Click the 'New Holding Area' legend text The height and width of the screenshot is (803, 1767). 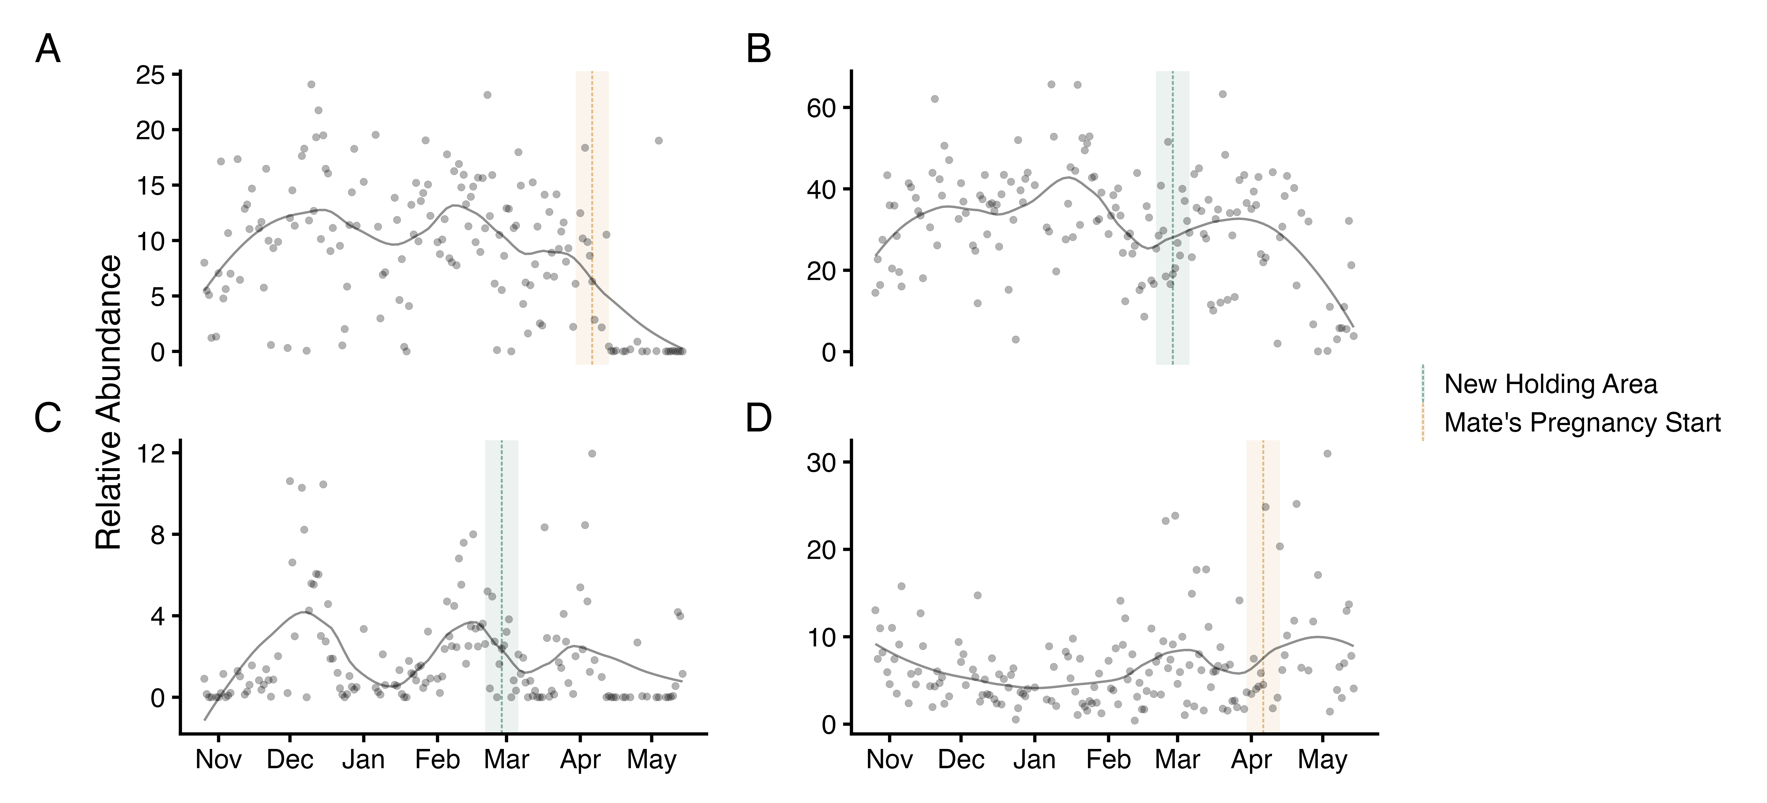tap(1550, 384)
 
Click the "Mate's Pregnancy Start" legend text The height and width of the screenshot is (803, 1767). tap(1582, 422)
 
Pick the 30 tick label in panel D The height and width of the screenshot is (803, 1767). tap(821, 462)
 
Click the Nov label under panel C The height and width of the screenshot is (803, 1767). tap(218, 760)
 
